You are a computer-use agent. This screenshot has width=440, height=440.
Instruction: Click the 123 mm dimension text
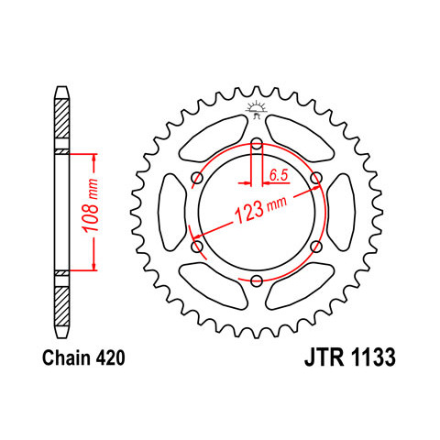[x=260, y=210]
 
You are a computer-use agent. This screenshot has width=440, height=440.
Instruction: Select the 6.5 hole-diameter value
[x=279, y=175]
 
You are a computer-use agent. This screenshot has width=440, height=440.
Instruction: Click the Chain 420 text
[x=83, y=357]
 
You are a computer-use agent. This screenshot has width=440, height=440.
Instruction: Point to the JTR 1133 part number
[x=350, y=357]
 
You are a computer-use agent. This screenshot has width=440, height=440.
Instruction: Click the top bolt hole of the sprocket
[x=257, y=143]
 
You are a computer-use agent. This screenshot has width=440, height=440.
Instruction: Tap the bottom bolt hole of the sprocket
[x=257, y=280]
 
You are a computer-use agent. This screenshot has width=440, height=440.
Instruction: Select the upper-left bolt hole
[x=197, y=178]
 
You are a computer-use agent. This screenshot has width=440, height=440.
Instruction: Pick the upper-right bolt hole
[x=316, y=178]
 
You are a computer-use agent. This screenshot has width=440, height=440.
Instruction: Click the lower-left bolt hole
[x=197, y=246]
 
